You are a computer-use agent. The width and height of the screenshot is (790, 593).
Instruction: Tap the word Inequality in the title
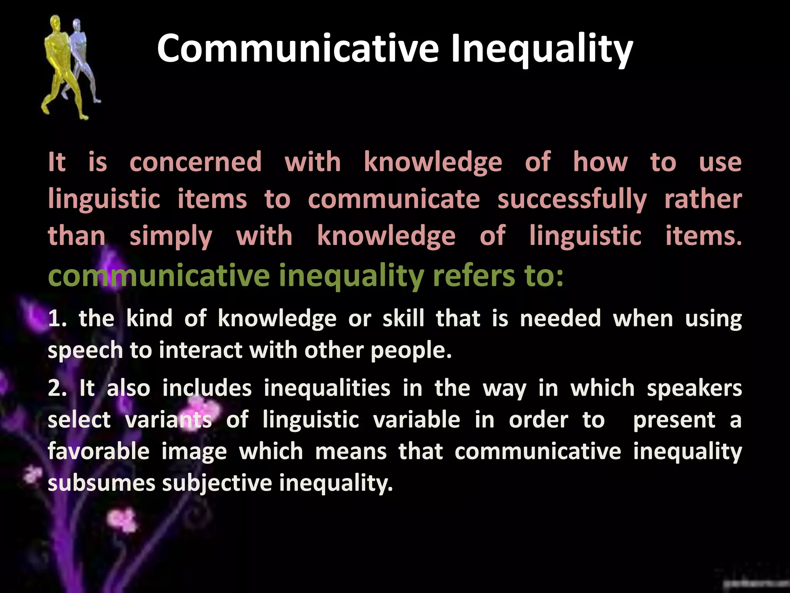click(x=542, y=49)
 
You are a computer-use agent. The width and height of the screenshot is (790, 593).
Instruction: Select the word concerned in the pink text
click(x=196, y=162)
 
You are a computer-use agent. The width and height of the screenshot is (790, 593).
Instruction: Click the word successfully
click(x=572, y=200)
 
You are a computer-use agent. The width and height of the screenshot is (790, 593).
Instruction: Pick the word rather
click(x=703, y=200)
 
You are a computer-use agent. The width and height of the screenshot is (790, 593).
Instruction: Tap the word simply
click(x=171, y=237)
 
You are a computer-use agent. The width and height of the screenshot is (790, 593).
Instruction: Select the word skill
click(x=403, y=319)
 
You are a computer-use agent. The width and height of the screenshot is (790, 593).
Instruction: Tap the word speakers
click(x=694, y=388)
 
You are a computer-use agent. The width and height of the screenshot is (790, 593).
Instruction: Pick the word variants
click(x=169, y=420)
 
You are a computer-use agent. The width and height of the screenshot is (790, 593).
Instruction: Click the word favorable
click(x=98, y=452)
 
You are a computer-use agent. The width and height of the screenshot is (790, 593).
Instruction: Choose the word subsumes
click(x=101, y=483)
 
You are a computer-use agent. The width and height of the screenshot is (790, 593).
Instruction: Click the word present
click(x=674, y=420)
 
